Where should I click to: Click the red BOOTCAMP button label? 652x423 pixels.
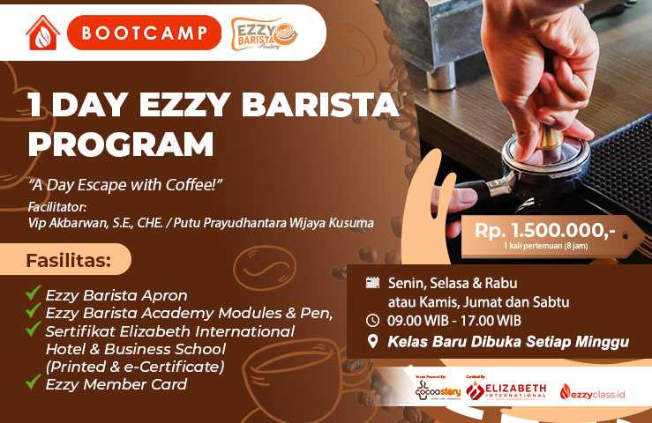click(144, 33)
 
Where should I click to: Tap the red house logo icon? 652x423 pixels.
click(42, 33)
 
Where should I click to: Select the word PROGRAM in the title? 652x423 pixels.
click(120, 143)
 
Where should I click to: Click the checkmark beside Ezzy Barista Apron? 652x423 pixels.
click(34, 293)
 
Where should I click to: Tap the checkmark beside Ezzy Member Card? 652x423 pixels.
click(34, 382)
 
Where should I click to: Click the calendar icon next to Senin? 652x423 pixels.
click(372, 283)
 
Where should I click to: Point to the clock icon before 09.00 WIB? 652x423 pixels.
click(372, 320)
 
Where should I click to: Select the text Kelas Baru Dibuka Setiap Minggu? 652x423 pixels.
click(507, 342)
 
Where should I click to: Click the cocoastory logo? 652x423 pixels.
click(438, 390)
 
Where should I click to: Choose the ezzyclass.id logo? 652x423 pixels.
click(592, 391)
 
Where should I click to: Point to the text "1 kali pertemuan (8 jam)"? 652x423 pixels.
click(545, 246)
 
